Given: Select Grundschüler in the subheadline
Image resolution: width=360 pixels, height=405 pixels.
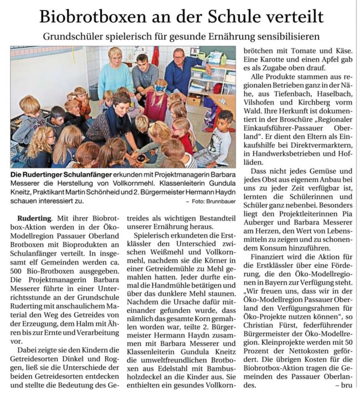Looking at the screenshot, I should point(72,36).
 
